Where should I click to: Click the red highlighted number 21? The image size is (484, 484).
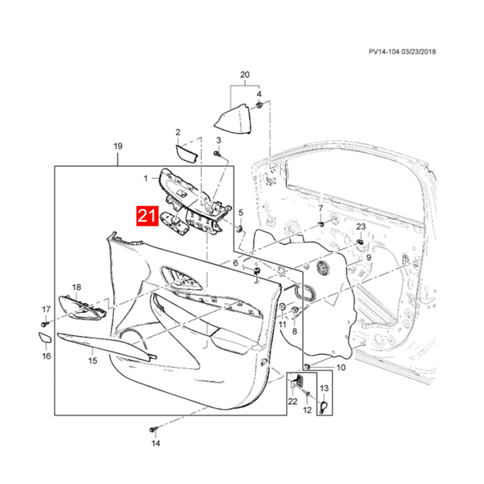tap(148, 217)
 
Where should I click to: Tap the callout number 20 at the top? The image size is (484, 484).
tap(244, 75)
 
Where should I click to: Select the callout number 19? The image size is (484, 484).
tap(118, 146)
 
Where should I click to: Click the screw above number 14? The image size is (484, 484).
tap(152, 430)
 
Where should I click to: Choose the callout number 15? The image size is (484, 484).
tap(92, 361)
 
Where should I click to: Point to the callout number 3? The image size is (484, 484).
tap(219, 140)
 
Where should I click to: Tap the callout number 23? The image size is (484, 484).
tap(361, 226)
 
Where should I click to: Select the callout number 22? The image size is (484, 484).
tap(293, 402)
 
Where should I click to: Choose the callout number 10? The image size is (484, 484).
tap(341, 367)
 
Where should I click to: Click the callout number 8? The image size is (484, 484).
tap(295, 332)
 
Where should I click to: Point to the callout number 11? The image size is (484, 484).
tap(283, 325)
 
